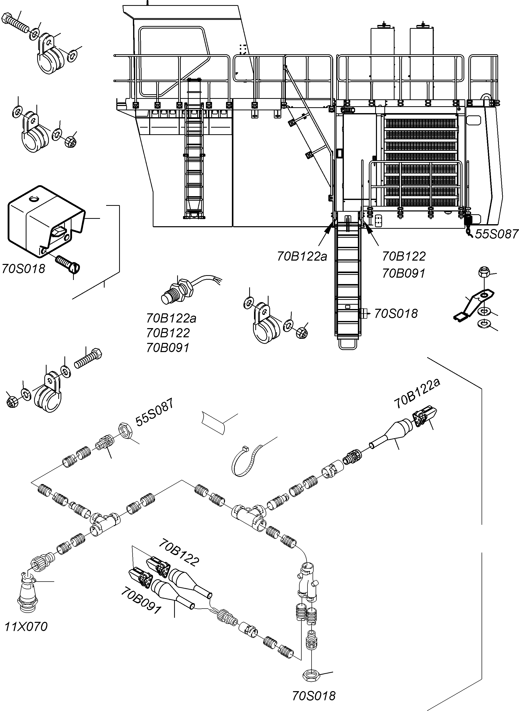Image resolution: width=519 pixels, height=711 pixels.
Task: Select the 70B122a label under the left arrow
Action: [x=302, y=256]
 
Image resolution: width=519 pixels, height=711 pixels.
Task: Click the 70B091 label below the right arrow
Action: [x=403, y=273]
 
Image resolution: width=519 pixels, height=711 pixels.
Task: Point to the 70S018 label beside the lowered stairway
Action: [x=396, y=314]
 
